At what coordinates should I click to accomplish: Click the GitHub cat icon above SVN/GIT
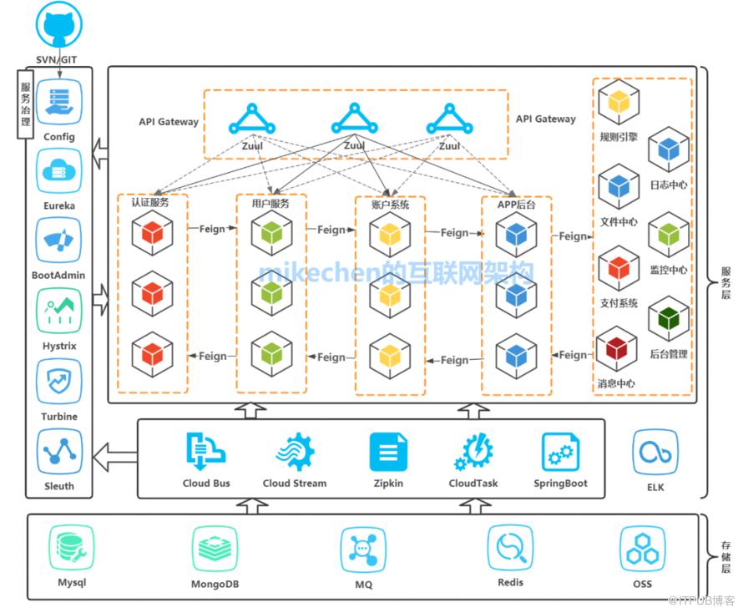point(58,25)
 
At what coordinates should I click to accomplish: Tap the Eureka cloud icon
point(59,170)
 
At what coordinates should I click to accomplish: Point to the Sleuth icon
point(59,451)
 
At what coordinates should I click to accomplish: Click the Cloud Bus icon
point(206,452)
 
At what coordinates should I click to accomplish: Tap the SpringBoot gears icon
point(560,453)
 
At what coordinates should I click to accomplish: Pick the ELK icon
point(655,453)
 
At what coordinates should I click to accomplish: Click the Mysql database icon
point(71,548)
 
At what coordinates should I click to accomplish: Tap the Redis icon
point(510,548)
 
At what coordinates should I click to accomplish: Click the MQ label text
point(363,585)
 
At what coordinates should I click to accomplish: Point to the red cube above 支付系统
point(619,268)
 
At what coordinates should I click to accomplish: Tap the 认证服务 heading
point(150,202)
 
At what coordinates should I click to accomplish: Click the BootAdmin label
point(58,275)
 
